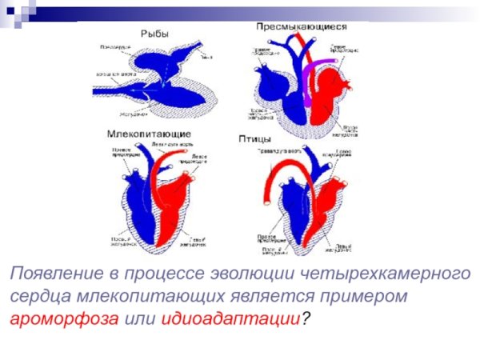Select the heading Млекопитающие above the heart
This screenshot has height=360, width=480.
[148, 131]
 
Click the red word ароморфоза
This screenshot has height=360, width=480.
[65, 318]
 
